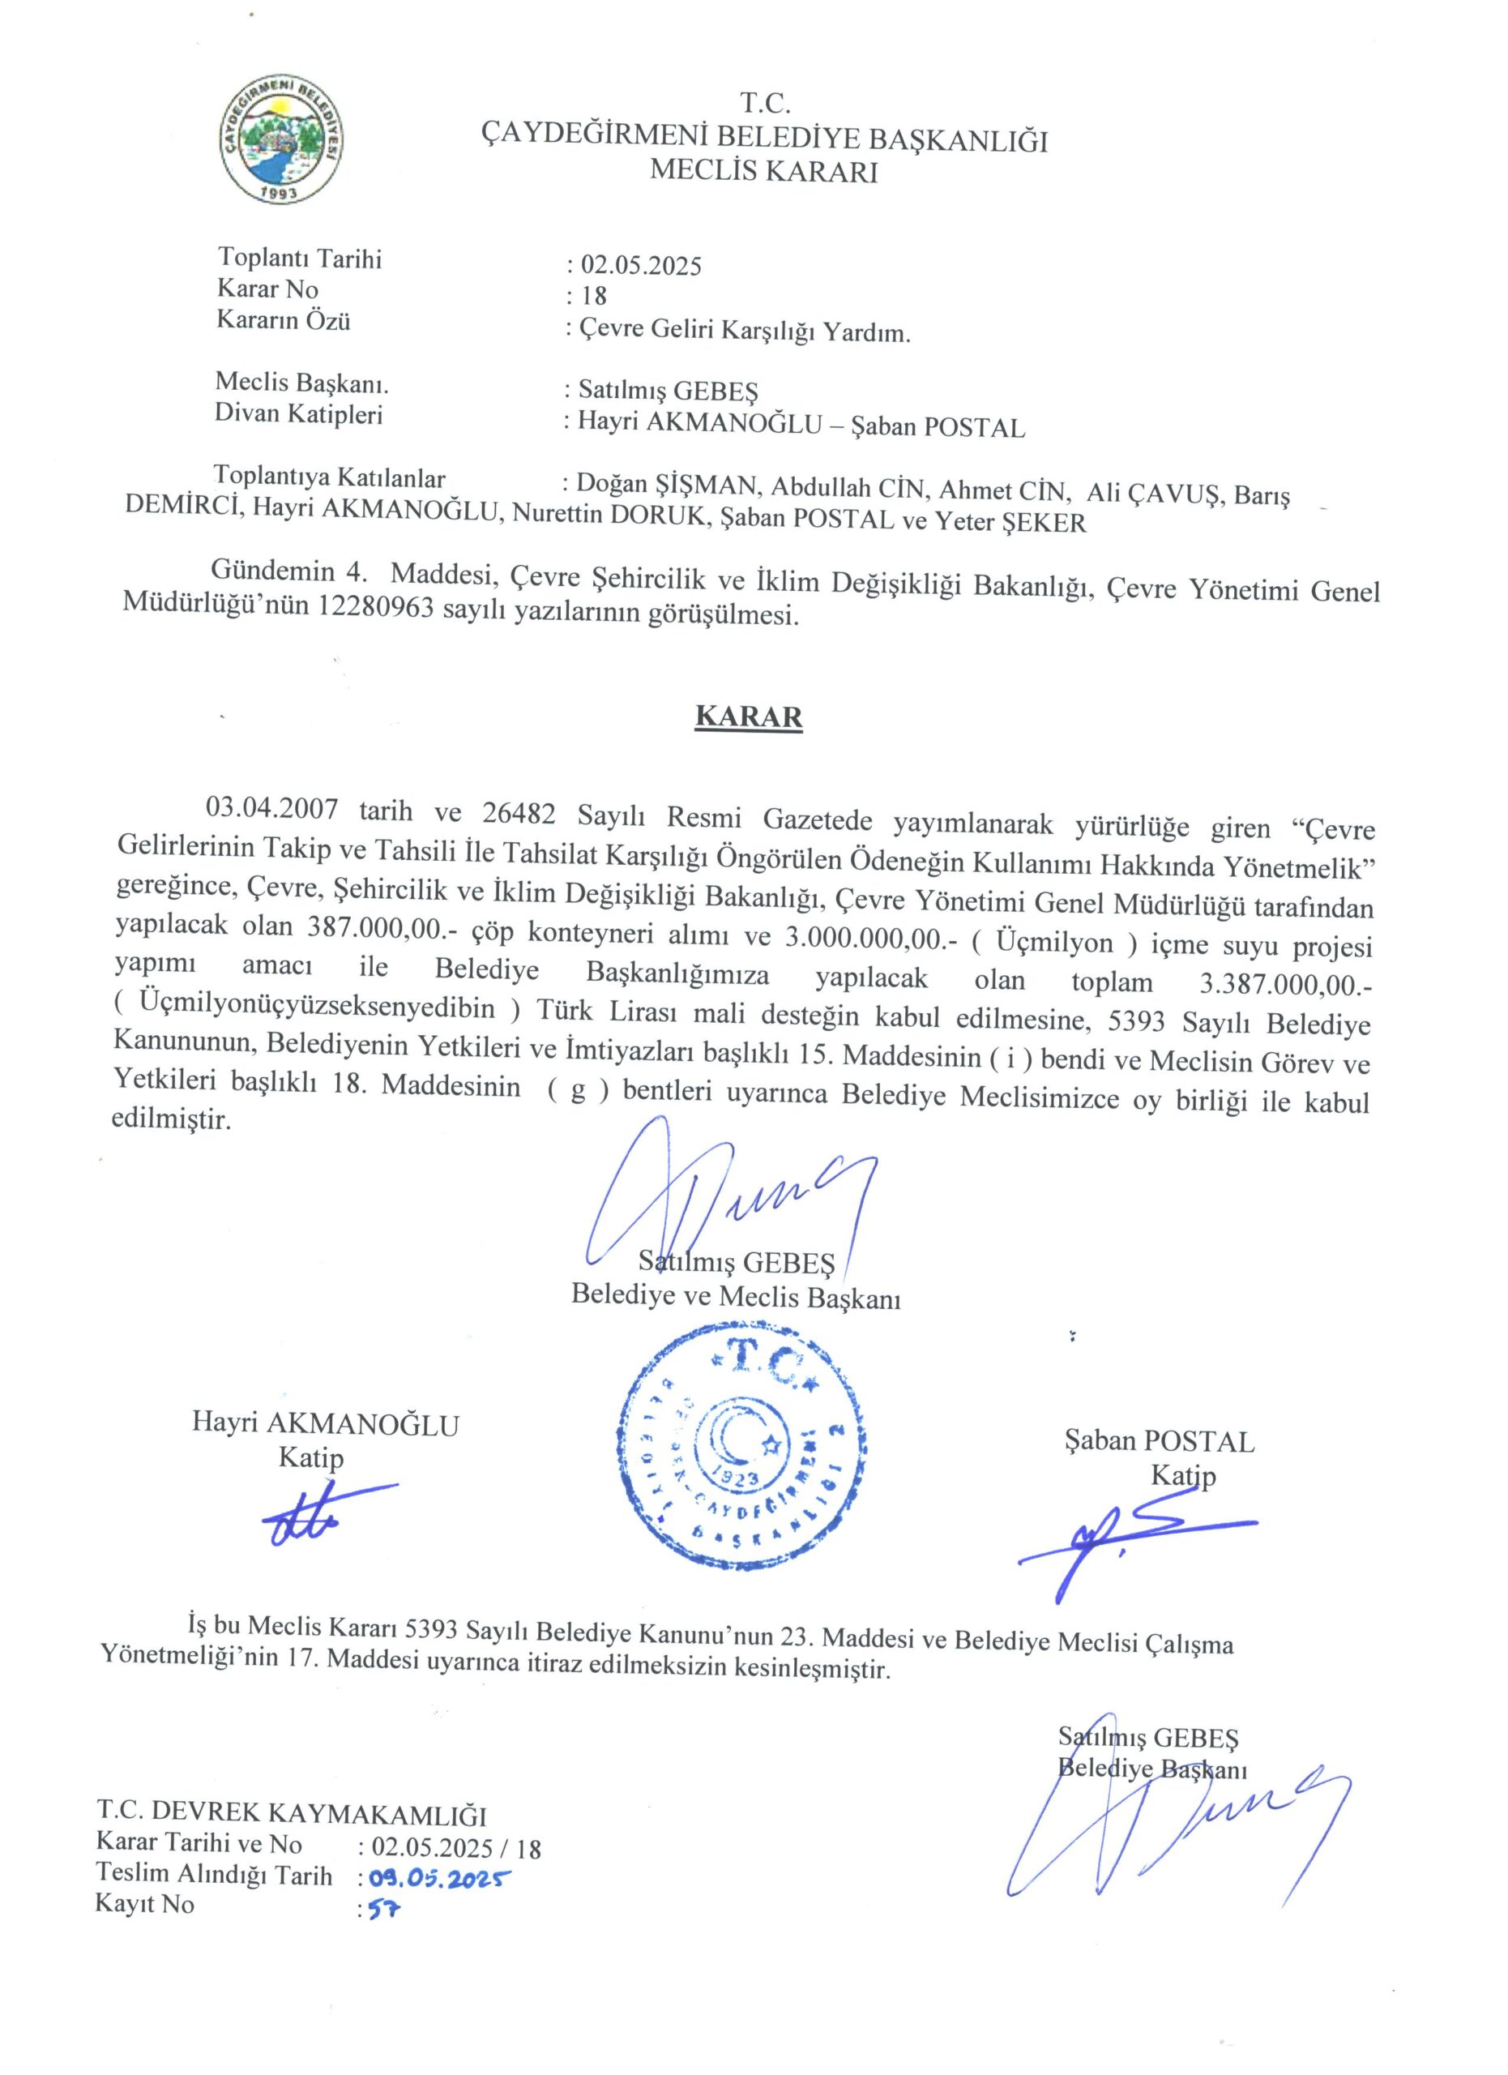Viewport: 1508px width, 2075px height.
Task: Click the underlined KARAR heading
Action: point(748,717)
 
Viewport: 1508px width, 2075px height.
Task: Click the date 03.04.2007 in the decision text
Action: point(272,809)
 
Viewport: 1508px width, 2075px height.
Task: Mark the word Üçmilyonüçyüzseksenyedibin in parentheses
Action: point(318,1009)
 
